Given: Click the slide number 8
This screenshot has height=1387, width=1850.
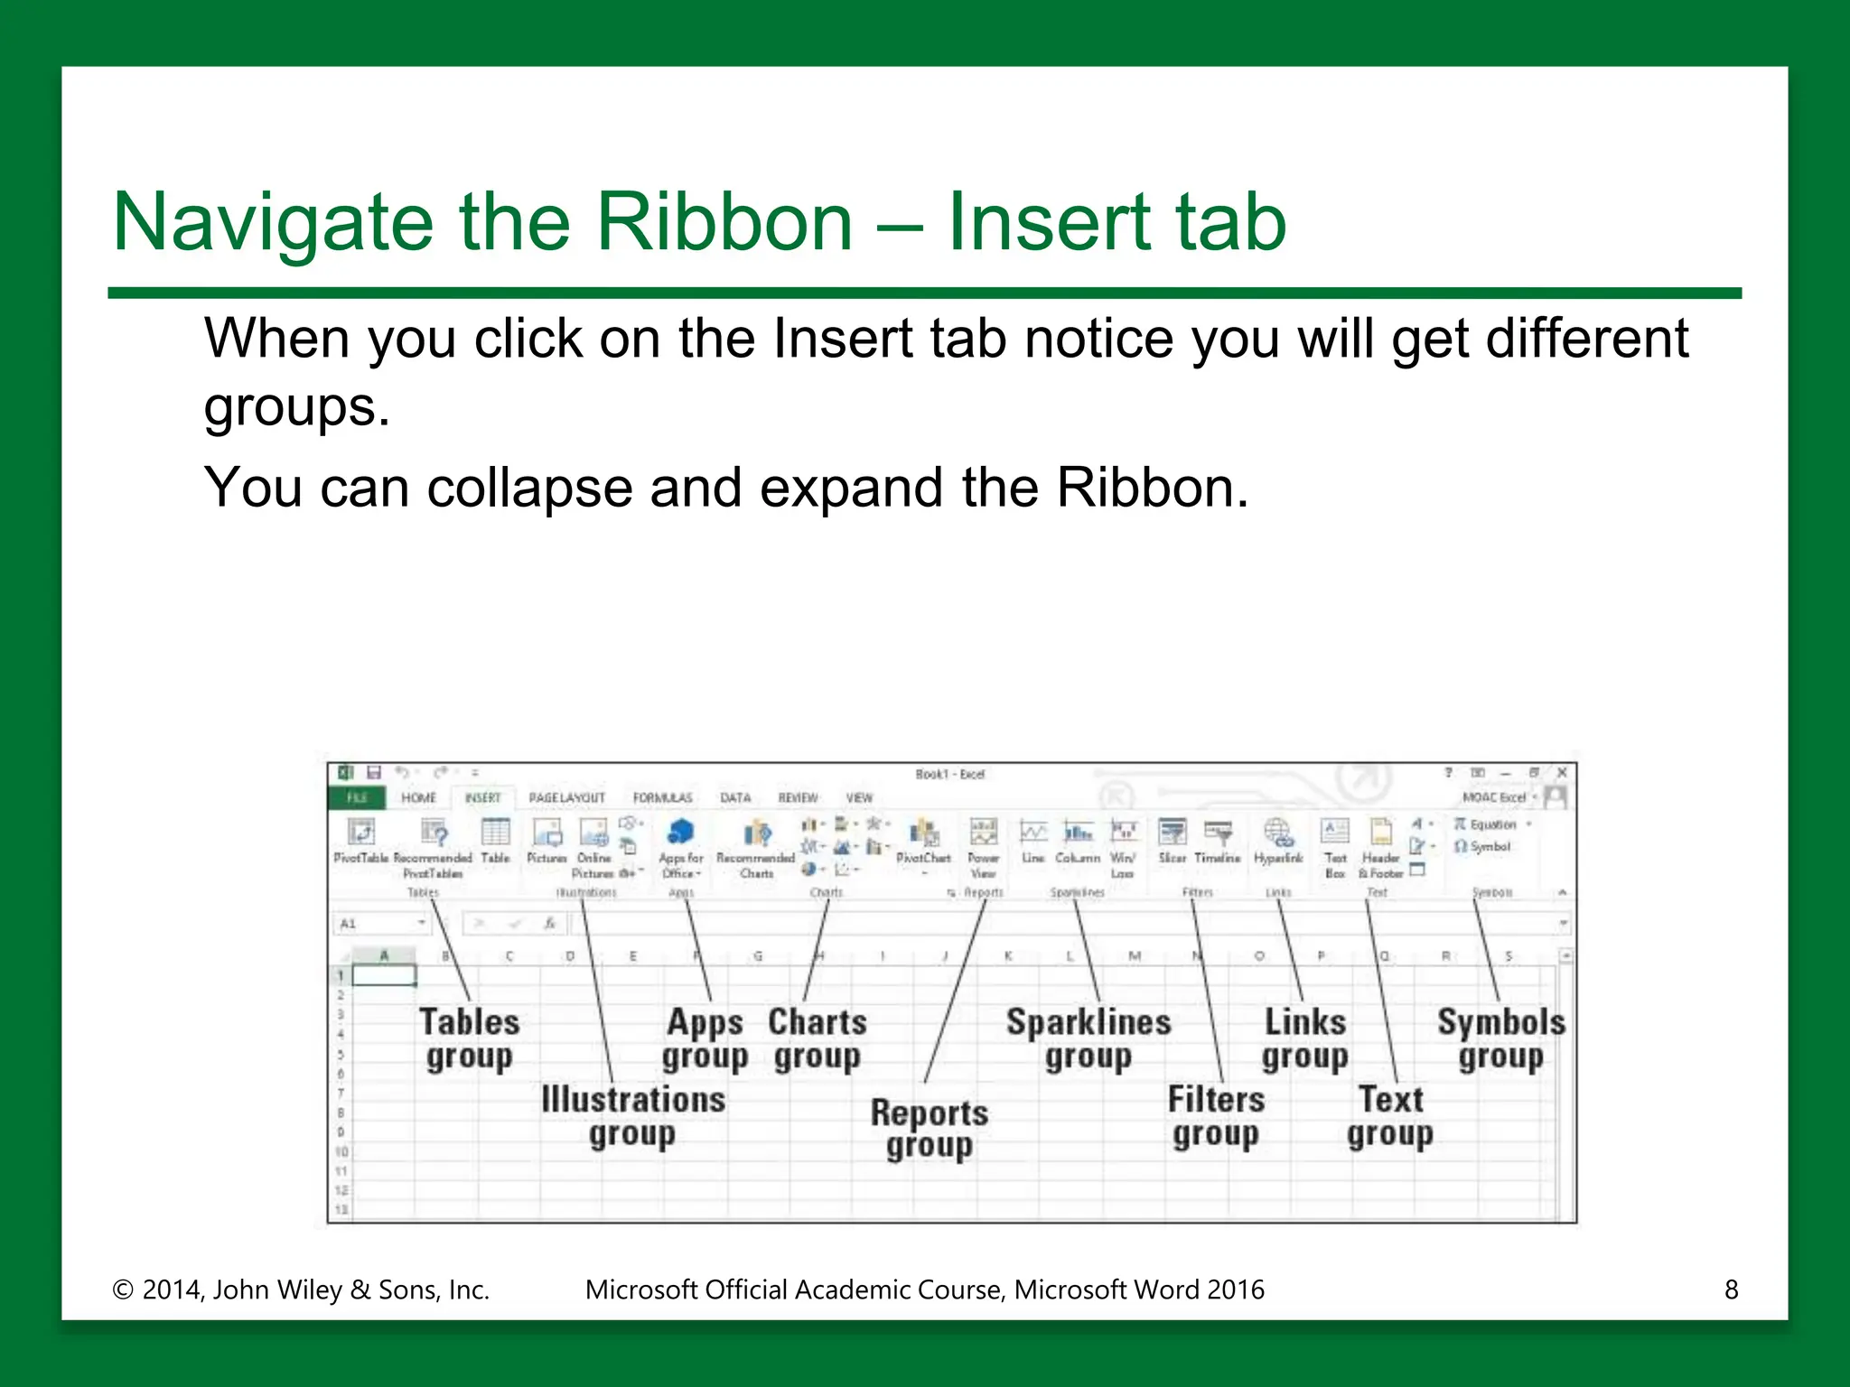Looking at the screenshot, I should pos(1731,1289).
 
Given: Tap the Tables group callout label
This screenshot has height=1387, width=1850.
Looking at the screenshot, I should pos(469,1038).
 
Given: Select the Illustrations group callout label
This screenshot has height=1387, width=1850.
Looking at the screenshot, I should pos(632,1116).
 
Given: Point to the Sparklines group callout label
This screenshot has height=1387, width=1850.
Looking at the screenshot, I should pos(1089,1038).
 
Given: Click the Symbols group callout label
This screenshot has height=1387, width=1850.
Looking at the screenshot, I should pos(1500,1038).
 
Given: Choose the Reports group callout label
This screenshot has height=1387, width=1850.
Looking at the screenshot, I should pos(929,1129).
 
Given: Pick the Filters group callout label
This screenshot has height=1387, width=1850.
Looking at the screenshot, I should pos(1216,1116).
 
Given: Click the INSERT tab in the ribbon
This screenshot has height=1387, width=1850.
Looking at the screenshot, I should pos(482,798).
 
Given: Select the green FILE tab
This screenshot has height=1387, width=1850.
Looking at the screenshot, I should pos(357,798).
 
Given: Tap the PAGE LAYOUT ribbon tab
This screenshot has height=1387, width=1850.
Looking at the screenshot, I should pos(566,798).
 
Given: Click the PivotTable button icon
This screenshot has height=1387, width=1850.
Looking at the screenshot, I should pos(360,832).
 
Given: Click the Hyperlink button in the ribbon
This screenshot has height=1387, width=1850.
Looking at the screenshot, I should pos(1277,840).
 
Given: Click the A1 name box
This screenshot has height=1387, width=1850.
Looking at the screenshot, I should pos(375,924).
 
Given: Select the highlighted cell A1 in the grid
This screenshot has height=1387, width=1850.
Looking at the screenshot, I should pos(384,975).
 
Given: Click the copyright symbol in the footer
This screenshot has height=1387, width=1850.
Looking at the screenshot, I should pos(122,1290).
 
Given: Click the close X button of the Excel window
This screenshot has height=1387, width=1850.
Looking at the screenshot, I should pos(1561,773).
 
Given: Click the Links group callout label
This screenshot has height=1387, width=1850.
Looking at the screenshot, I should pos(1304,1038).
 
